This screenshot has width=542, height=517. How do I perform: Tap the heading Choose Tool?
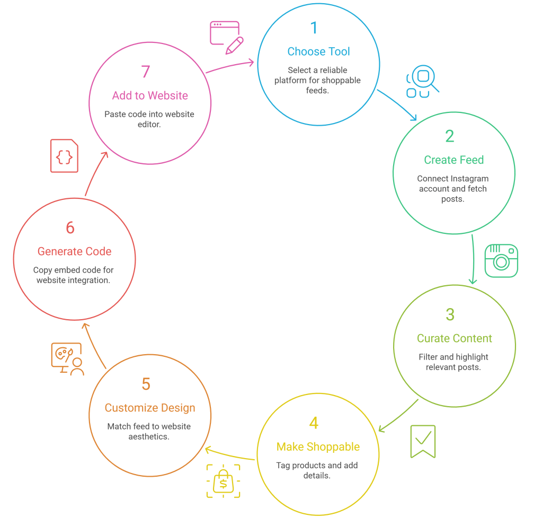318,51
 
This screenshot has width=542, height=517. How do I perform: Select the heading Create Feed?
454,160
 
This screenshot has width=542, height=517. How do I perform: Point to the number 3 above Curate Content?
450,314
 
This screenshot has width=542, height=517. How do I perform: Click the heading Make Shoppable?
318,447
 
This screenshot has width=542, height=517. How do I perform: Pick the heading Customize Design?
150,408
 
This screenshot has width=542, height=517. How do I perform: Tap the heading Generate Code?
75,251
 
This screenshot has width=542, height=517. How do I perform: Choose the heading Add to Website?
150,95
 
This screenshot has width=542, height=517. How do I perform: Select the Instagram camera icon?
501,260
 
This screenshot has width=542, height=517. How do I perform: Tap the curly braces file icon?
64,156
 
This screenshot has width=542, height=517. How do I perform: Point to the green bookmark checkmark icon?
423,441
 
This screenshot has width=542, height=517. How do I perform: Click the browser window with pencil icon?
226,37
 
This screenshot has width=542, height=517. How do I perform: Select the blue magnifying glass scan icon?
422,82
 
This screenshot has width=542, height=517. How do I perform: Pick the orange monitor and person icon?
67,359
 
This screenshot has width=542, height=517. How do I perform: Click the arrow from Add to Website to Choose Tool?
229,66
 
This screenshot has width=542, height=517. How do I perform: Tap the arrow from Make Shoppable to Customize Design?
230,455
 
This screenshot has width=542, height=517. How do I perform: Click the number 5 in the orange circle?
146,384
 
